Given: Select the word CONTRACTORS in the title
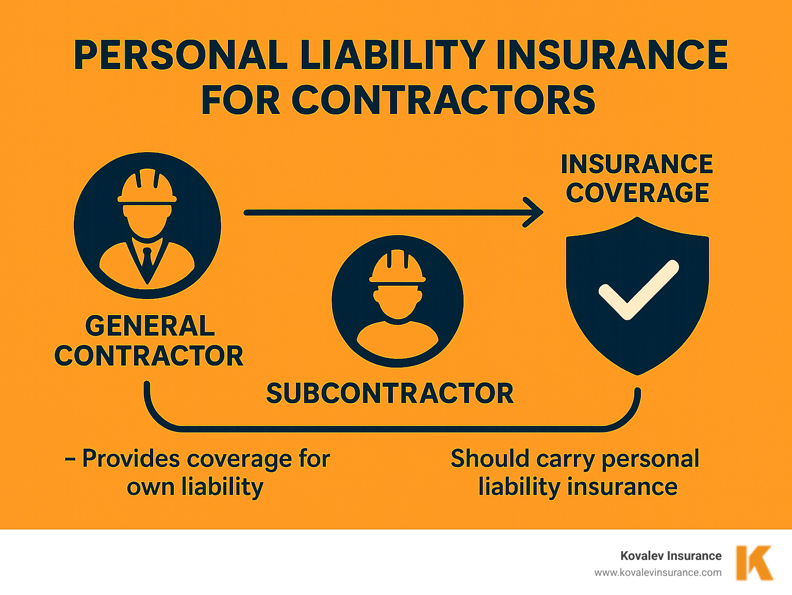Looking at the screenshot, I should coord(443,100).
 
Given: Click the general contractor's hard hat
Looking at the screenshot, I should coord(147,188).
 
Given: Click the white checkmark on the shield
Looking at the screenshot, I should coord(638,289).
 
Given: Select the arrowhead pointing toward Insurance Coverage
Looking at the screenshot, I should coord(534,212).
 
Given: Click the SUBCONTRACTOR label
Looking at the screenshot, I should coord(390,393).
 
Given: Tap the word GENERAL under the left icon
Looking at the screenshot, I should coord(150,326).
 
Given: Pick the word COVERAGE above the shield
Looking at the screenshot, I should coord(637,193).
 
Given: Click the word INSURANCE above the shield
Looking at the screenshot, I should coord(637,164).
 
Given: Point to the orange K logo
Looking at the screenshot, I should coord(754,563).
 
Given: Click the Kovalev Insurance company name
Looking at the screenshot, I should coord(671,556).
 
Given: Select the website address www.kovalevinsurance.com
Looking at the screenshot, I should coord(658,572).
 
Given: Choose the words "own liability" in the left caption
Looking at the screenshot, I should coord(195,487).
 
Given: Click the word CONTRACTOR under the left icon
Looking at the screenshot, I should coord(149,356).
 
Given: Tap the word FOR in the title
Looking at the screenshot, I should coord(240,100).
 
